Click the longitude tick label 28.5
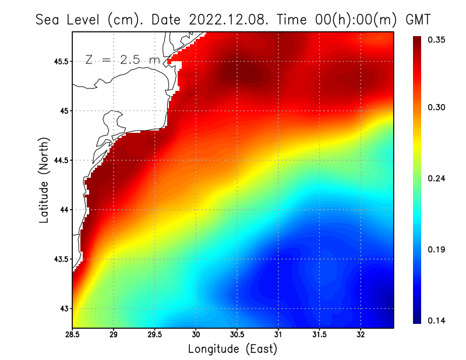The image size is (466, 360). [x=73, y=335]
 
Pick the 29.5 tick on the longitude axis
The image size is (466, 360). [x=155, y=335]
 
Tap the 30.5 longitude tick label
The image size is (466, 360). [x=237, y=335]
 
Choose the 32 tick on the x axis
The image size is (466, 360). [x=361, y=335]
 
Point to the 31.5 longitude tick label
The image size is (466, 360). [x=320, y=335]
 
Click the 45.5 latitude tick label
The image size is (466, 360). [x=59, y=61]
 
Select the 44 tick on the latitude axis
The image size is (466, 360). [x=62, y=210]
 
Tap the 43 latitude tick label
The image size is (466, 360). [x=62, y=309]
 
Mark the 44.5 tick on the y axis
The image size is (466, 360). [x=59, y=160]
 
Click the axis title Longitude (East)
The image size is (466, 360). [x=232, y=349]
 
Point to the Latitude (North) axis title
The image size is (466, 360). [x=44, y=180]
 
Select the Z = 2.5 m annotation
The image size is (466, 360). [x=122, y=60]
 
